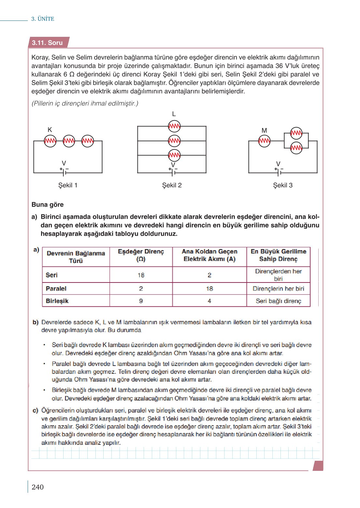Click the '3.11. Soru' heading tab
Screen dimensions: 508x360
click(48, 43)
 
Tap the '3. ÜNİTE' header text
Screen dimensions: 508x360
click(43, 19)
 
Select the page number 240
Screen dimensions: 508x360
click(37, 487)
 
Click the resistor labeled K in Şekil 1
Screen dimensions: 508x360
click(50, 141)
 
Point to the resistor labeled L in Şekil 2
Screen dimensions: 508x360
click(174, 126)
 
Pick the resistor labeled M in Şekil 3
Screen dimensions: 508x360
click(264, 141)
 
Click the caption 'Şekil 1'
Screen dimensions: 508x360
click(68, 185)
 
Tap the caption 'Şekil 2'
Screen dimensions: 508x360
click(172, 185)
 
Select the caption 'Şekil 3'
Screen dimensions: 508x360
click(282, 185)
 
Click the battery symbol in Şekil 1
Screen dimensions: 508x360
click(64, 171)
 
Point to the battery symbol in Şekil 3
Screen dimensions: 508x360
click(279, 171)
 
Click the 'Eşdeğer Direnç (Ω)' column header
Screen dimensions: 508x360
click(141, 255)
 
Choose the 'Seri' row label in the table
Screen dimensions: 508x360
click(52, 275)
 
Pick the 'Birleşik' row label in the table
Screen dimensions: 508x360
click(57, 301)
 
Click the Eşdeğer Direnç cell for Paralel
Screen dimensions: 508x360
click(141, 288)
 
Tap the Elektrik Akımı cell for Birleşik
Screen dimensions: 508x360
click(209, 301)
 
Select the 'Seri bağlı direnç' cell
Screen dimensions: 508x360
click(278, 301)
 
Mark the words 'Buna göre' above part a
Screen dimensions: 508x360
click(48, 205)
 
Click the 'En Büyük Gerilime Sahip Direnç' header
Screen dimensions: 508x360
click(278, 255)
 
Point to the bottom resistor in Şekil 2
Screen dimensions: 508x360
click(174, 155)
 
